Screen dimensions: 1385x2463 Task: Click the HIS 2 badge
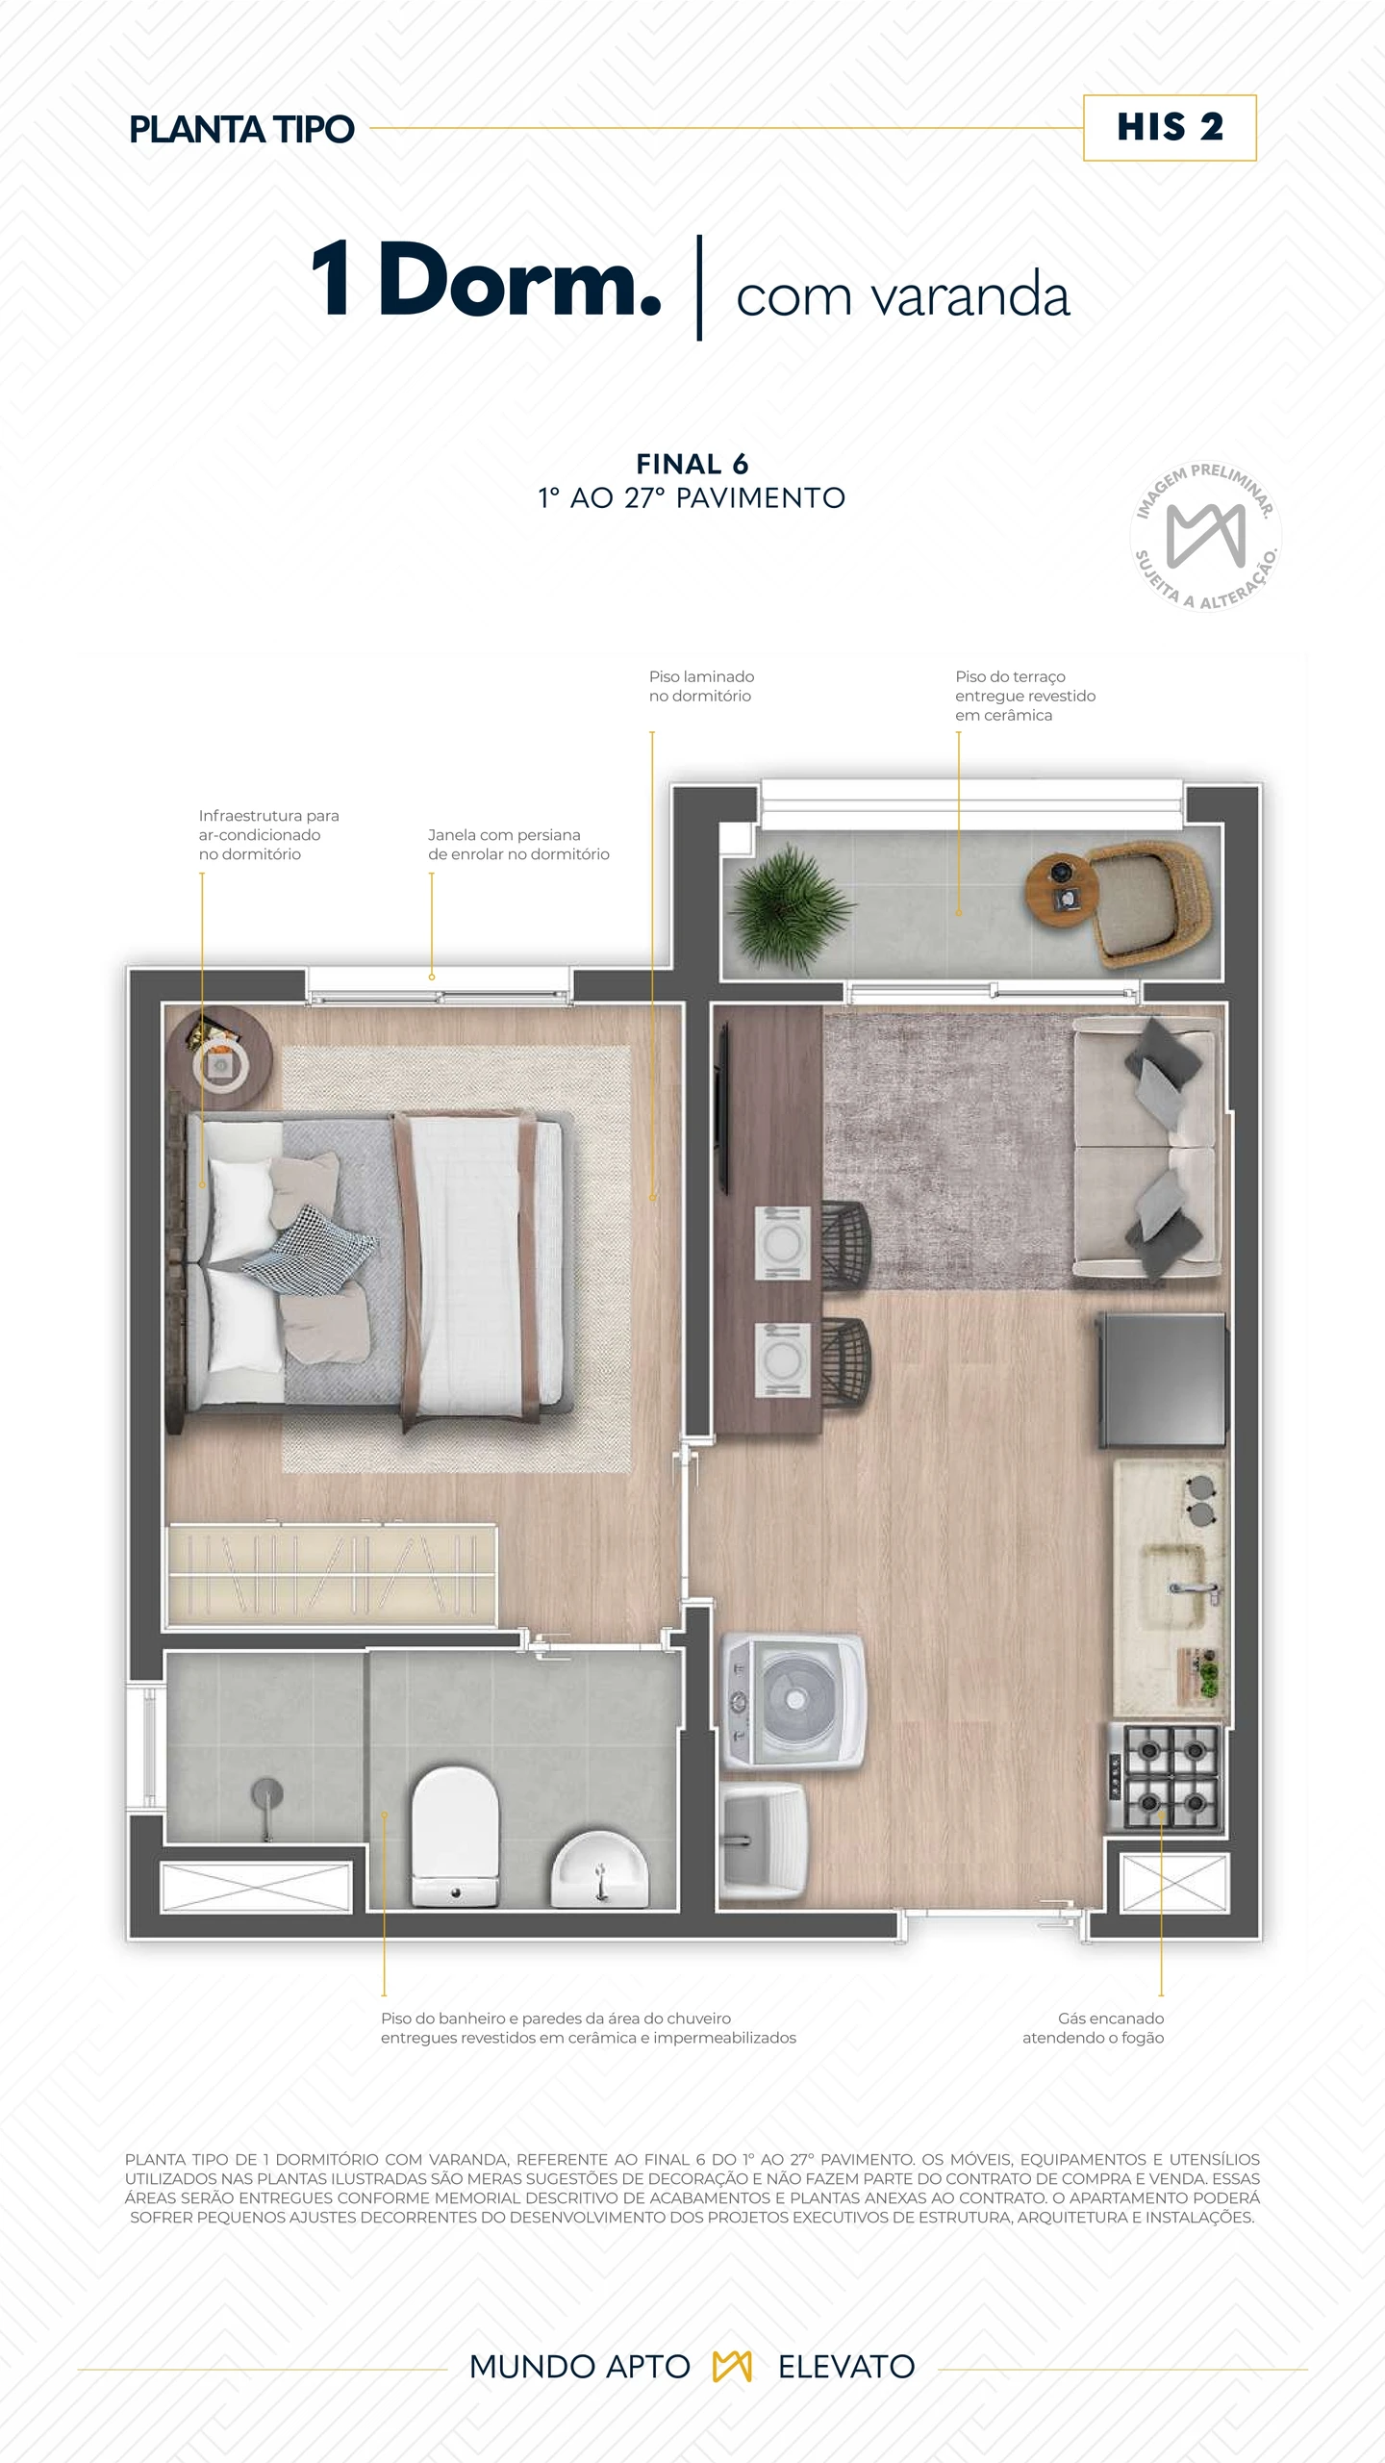(x=1170, y=128)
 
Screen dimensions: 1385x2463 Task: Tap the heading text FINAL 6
(x=692, y=464)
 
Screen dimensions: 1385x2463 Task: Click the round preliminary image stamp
(x=1205, y=535)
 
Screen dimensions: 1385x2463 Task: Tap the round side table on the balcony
(x=1061, y=890)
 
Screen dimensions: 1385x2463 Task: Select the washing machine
(x=793, y=1701)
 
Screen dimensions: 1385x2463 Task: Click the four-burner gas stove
(x=1164, y=1778)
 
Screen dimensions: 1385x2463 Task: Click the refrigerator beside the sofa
(x=1162, y=1380)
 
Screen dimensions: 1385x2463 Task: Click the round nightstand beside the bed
(x=220, y=1058)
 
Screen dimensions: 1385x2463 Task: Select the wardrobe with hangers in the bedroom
(x=332, y=1576)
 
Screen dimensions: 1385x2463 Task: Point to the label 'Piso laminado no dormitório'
(x=701, y=686)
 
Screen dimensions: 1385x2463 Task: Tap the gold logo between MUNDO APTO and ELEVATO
(x=732, y=2366)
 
